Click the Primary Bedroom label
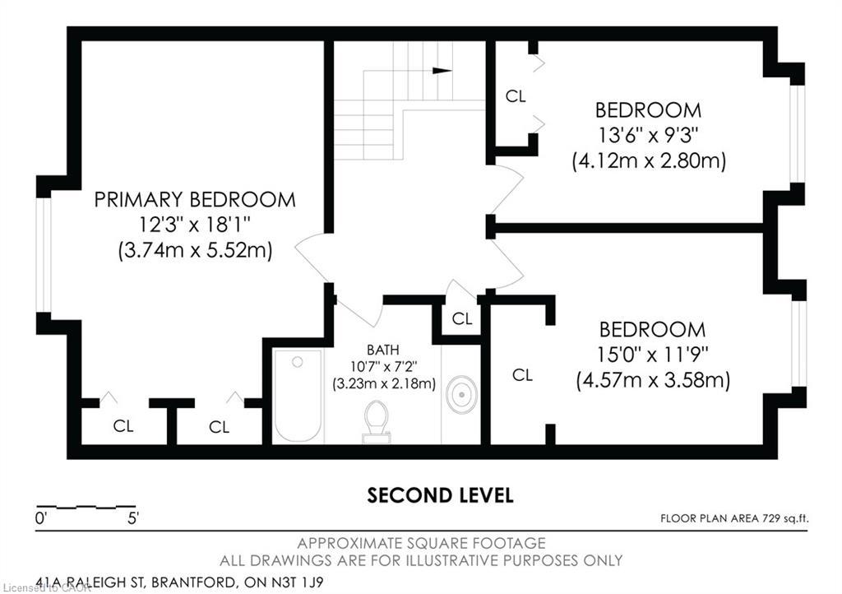(x=194, y=199)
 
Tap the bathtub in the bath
(x=297, y=396)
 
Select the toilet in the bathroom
(x=377, y=420)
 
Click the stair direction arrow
(x=442, y=71)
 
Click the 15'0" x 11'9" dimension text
(x=652, y=355)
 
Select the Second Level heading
(x=440, y=495)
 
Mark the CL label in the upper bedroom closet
(x=516, y=96)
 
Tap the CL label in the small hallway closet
(x=462, y=318)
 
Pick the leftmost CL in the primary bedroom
(x=123, y=426)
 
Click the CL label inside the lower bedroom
(x=522, y=375)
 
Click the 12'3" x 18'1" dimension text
(x=194, y=225)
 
